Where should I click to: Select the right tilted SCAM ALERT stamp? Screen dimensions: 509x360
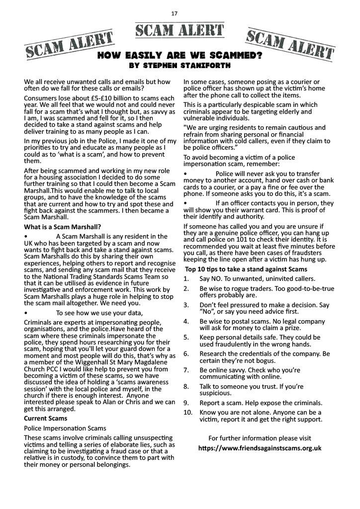click(289, 44)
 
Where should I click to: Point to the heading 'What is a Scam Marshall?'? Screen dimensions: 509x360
click(63, 227)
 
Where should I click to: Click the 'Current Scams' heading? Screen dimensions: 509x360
click(45, 419)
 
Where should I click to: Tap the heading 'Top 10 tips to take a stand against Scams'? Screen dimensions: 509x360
click(247, 269)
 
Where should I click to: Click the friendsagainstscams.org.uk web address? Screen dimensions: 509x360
click(260, 448)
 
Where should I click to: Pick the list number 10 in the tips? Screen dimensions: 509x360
click(187, 413)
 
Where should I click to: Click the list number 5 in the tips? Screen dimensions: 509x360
click(186, 337)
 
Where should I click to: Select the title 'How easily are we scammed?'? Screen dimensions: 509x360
click(180, 56)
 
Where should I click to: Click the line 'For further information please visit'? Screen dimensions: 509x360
click(260, 438)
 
